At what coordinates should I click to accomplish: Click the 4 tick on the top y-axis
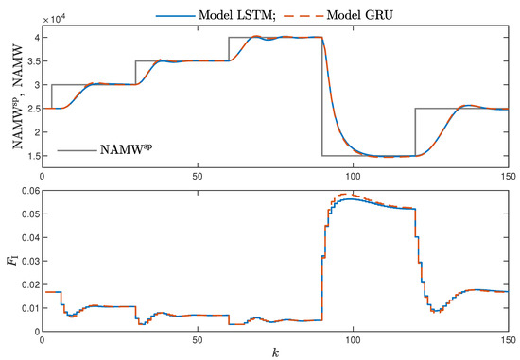(35, 38)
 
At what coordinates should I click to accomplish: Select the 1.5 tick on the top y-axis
(30, 155)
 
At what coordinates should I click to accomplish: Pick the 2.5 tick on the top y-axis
(30, 109)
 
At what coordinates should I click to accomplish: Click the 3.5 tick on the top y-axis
(30, 61)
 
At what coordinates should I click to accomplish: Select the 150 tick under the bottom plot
(507, 337)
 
